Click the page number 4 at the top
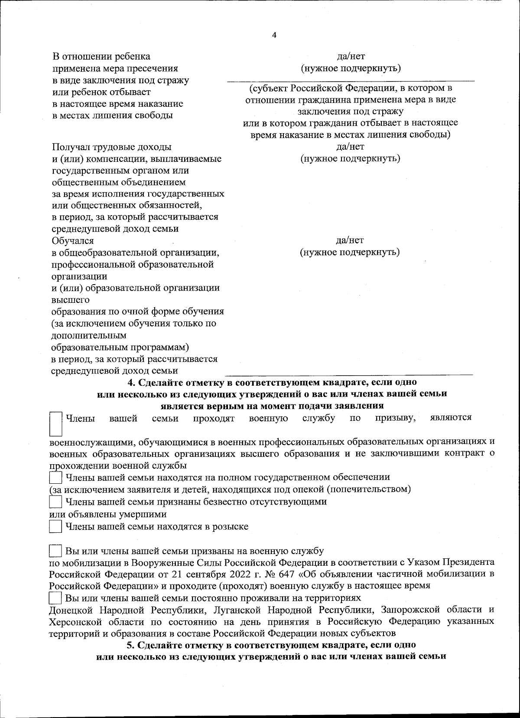273,35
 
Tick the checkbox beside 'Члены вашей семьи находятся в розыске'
55,526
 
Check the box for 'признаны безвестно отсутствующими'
55,502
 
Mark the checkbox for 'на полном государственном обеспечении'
55,478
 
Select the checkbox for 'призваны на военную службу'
55,551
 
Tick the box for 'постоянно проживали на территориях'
55,598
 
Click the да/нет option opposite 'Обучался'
350,240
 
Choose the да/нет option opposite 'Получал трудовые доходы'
350,147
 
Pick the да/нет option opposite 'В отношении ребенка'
351,56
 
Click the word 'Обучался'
72,240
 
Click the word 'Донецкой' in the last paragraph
71,610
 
